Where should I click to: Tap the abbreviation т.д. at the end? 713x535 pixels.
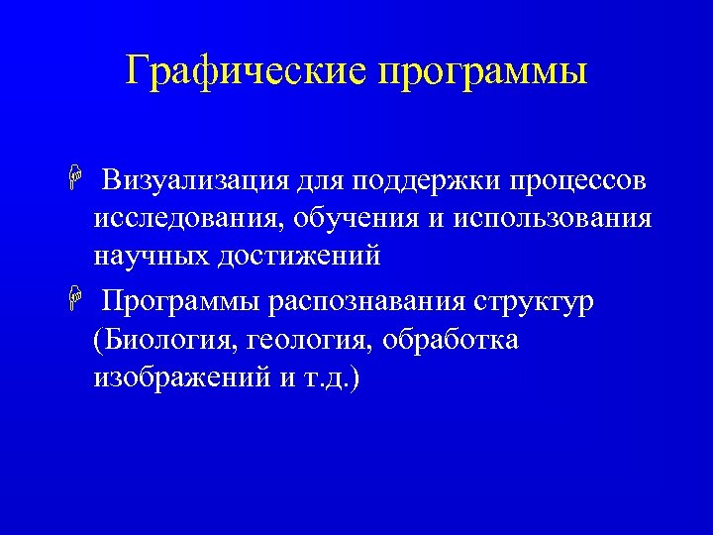point(328,377)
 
